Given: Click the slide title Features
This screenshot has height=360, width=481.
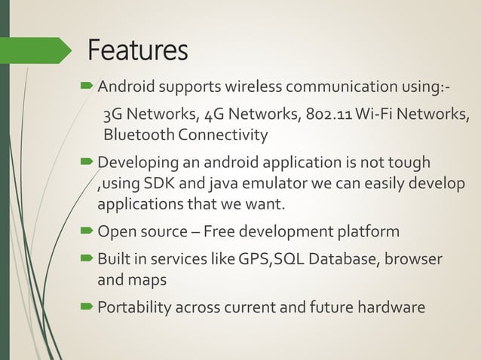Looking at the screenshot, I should (137, 50).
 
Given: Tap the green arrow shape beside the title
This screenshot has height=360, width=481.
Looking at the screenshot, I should (38, 50).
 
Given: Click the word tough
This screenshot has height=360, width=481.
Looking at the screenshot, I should (411, 163).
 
